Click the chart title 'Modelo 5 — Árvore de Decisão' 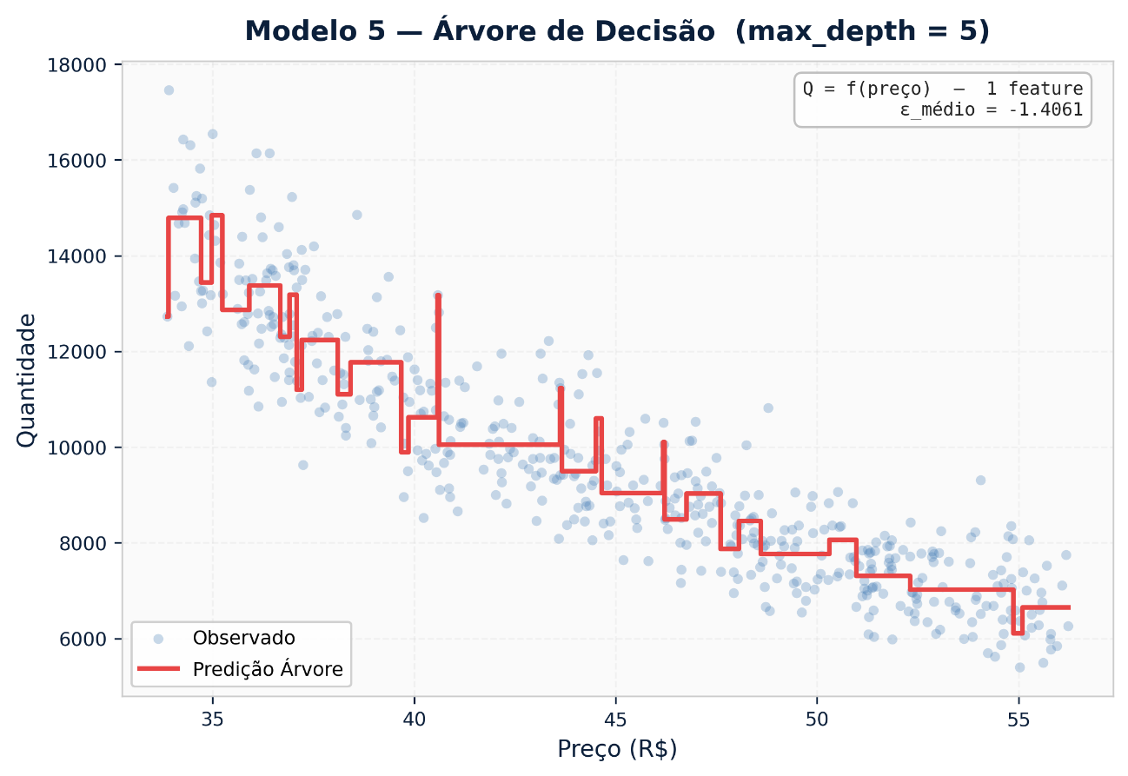617,31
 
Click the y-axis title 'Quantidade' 27,381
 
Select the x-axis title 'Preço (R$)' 617,748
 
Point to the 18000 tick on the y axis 83,65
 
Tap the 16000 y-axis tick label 83,161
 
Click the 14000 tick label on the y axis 83,256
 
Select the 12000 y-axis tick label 83,352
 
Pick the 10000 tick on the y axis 83,448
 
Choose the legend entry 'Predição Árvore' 268,669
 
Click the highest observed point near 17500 169,90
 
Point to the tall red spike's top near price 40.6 438,295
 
